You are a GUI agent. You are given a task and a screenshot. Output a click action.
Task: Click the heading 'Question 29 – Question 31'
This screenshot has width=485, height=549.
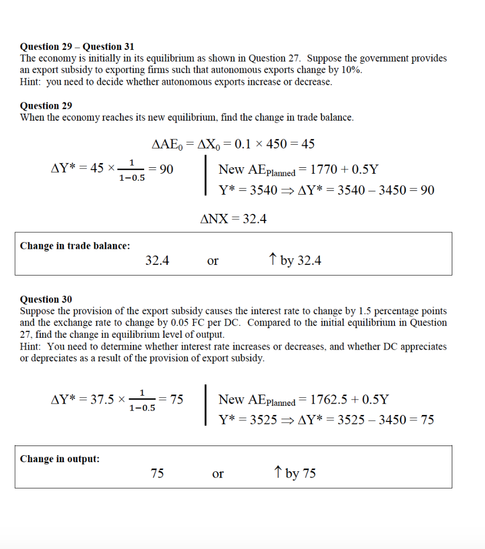pyautogui.click(x=77, y=47)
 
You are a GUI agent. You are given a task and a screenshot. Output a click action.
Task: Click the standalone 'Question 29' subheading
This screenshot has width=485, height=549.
pyautogui.click(x=46, y=106)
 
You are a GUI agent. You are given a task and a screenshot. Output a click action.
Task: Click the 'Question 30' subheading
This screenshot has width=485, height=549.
pyautogui.click(x=46, y=299)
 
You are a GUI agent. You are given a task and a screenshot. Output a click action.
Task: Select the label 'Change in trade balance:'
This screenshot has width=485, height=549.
pyautogui.click(x=75, y=246)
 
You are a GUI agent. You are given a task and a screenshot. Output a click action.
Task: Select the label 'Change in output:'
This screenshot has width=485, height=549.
pyautogui.click(x=59, y=459)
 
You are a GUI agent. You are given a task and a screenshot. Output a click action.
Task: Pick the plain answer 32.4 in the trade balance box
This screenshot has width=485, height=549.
pyautogui.click(x=158, y=261)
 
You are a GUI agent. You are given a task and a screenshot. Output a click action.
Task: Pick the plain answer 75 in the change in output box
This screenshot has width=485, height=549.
pyautogui.click(x=158, y=473)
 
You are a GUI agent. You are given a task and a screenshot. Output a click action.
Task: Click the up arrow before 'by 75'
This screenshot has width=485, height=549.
pyautogui.click(x=278, y=472)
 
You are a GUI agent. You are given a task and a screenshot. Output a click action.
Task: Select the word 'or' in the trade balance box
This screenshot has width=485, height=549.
pyautogui.click(x=213, y=261)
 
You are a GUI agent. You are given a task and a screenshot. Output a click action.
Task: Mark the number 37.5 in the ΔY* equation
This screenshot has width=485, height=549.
pyautogui.click(x=100, y=400)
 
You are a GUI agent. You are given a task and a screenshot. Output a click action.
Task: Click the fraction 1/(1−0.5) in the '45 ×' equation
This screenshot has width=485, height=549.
pyautogui.click(x=132, y=170)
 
